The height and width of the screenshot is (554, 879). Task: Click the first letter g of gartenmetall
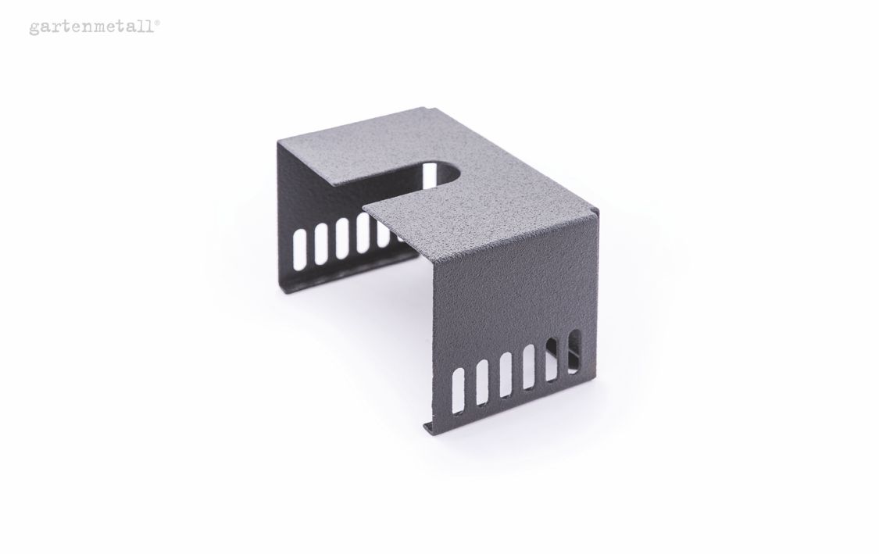34,29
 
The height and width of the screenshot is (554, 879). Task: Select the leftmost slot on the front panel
459,390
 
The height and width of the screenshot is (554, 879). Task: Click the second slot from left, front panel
482,382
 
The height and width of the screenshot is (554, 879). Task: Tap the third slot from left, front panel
506,374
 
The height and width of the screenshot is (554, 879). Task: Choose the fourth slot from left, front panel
529,366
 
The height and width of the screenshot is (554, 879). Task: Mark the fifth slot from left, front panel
552,359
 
